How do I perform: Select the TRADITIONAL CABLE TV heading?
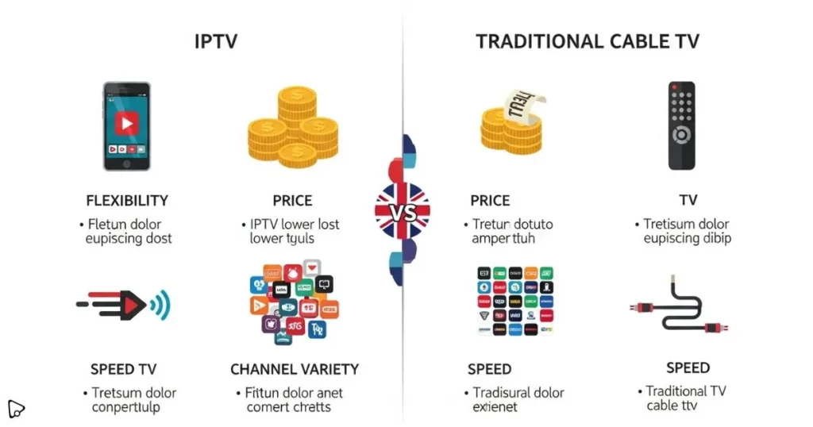pyautogui.click(x=588, y=42)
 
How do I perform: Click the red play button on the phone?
pyautogui.click(x=127, y=124)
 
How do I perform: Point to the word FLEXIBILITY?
pyautogui.click(x=127, y=201)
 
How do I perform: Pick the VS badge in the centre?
pyautogui.click(x=403, y=211)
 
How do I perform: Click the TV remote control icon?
pyautogui.click(x=681, y=125)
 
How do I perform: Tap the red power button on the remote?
pyautogui.click(x=674, y=87)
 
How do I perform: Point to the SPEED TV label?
pyautogui.click(x=123, y=369)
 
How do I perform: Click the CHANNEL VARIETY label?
pyautogui.click(x=295, y=369)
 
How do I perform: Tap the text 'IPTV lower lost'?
pyautogui.click(x=295, y=225)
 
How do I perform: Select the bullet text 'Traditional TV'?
pyautogui.click(x=686, y=391)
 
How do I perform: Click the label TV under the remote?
pyautogui.click(x=688, y=201)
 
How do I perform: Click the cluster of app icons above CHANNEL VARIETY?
pyautogui.click(x=292, y=302)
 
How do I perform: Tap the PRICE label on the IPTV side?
pyautogui.click(x=292, y=201)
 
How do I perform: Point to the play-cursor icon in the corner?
pyautogui.click(x=16, y=409)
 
